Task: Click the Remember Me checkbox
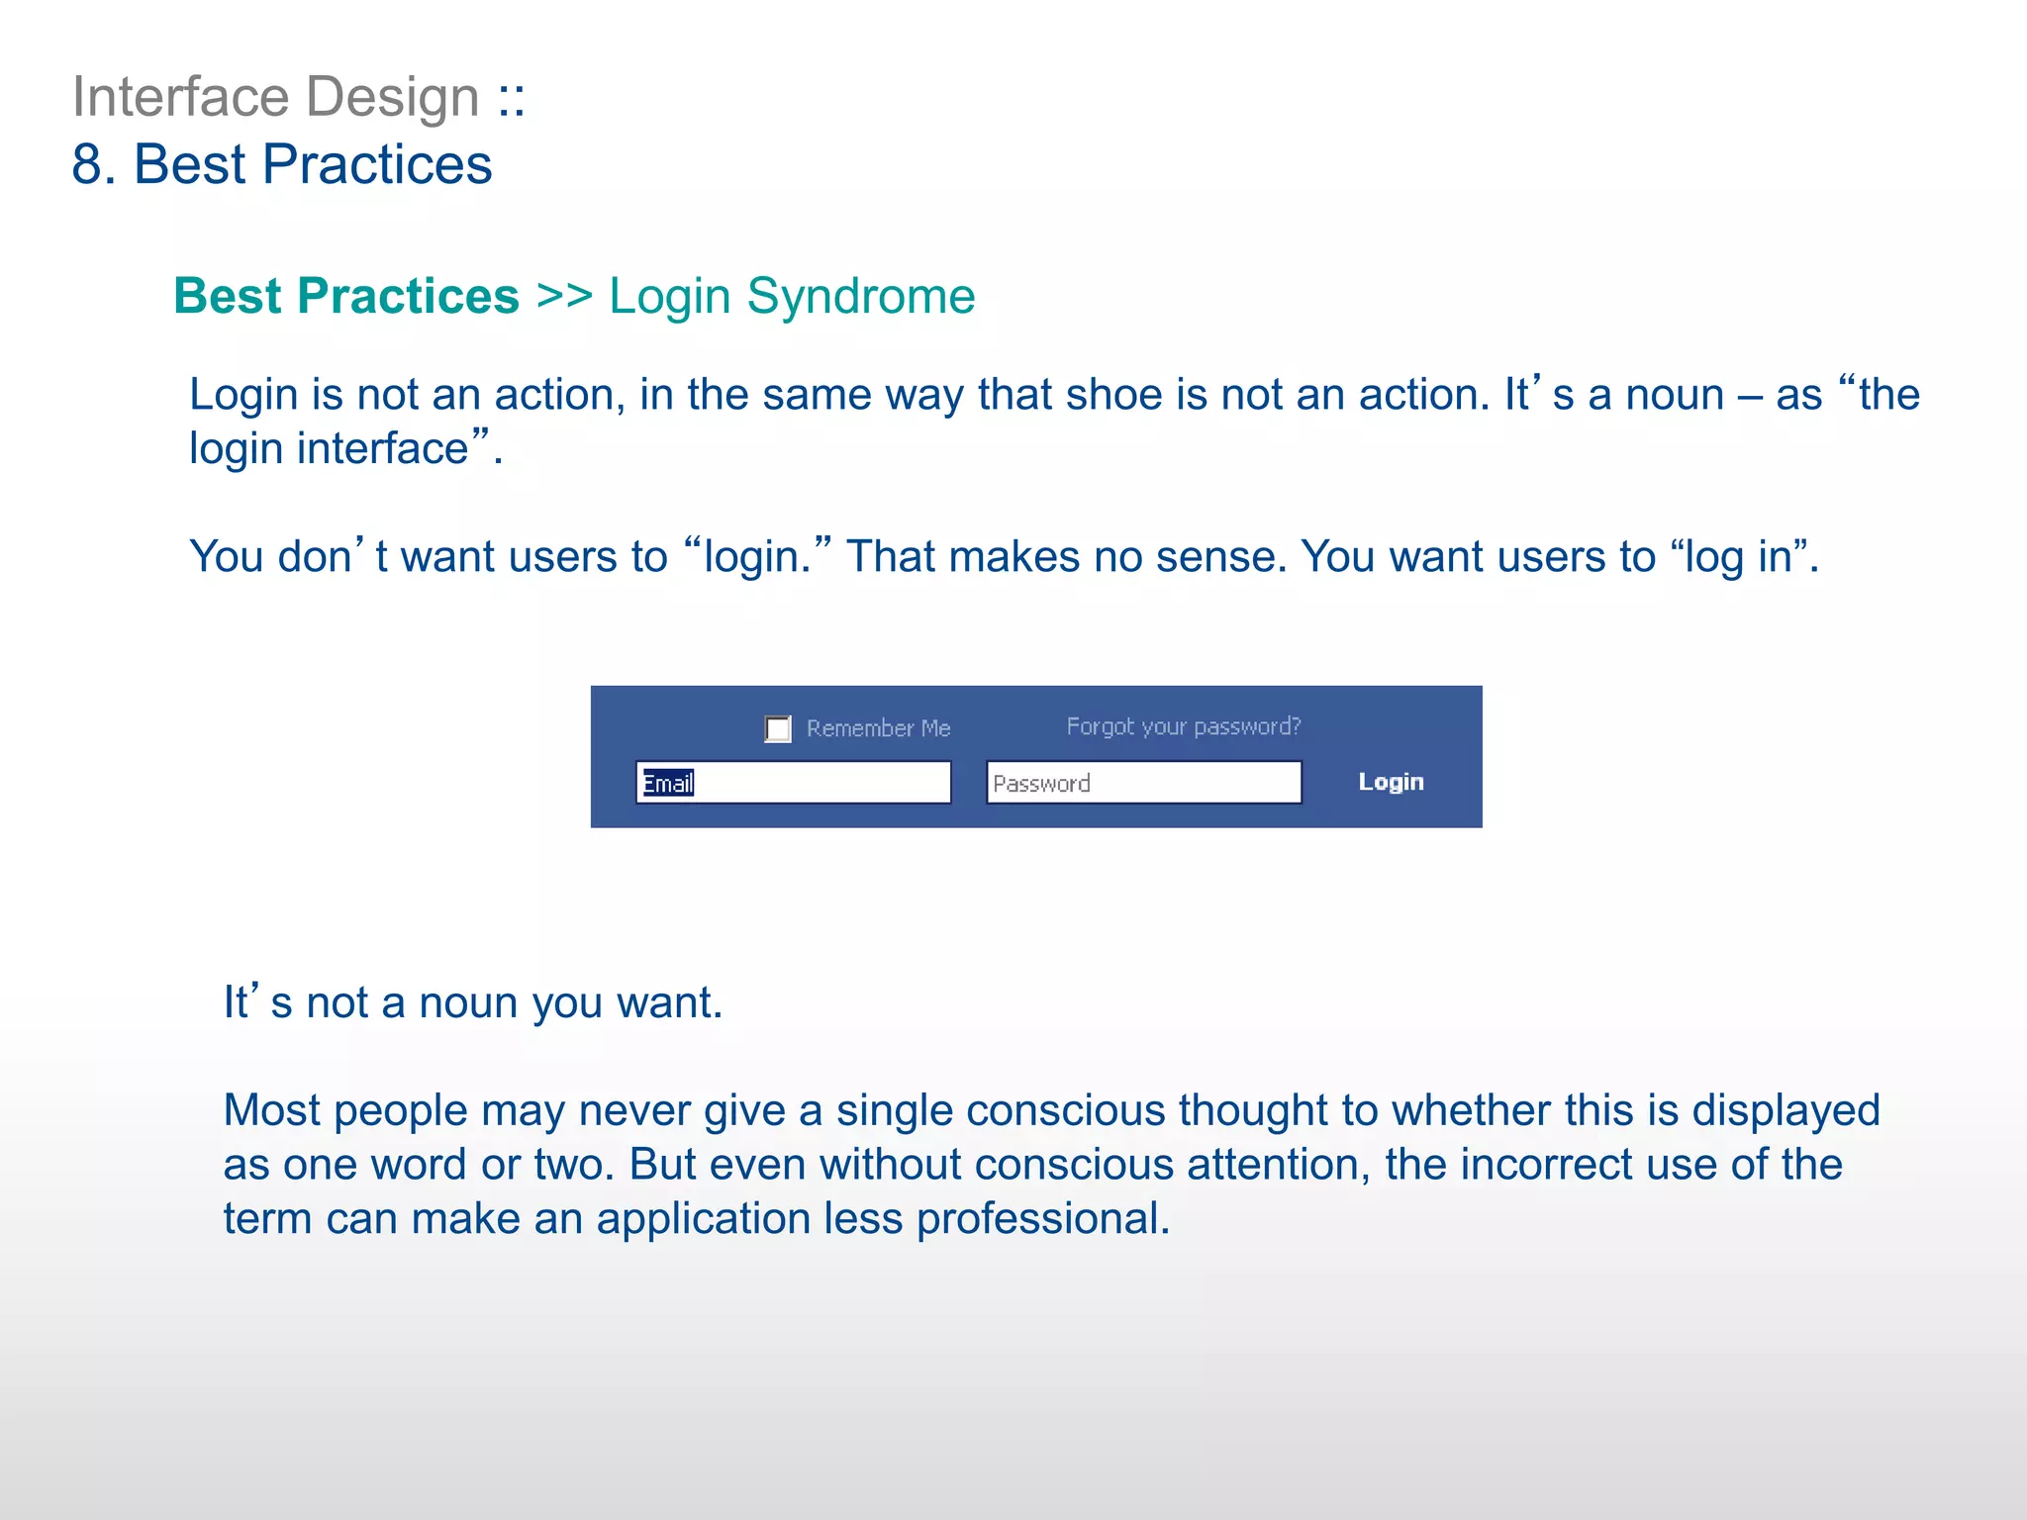[x=778, y=729]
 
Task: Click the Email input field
[x=794, y=783]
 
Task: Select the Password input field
[x=1144, y=783]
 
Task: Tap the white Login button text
[x=1391, y=782]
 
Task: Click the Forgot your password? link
[x=1184, y=726]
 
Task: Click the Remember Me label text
[x=878, y=728]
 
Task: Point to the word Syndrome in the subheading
[x=861, y=296]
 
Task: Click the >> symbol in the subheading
[x=564, y=296]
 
